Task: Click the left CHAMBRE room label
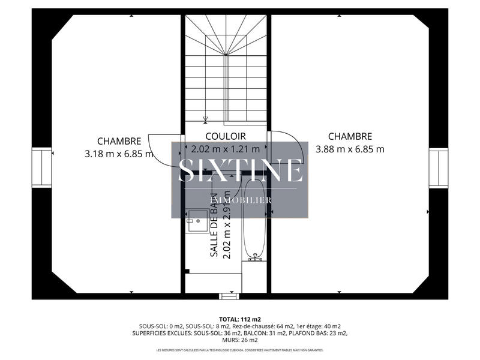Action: [119, 142]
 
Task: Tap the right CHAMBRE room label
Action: [350, 137]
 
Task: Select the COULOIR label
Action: [225, 137]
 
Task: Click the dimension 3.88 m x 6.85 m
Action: [350, 149]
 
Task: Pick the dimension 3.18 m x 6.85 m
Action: [119, 154]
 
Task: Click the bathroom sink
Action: [196, 221]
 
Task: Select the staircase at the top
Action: [226, 66]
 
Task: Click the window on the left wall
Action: [42, 169]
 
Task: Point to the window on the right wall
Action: [438, 169]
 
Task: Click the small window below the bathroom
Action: [229, 296]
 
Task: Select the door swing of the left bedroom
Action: [162, 148]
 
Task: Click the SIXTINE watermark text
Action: [240, 170]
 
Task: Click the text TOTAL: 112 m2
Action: [240, 319]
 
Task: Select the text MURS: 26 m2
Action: [240, 339]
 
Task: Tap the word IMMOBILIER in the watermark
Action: [240, 200]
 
